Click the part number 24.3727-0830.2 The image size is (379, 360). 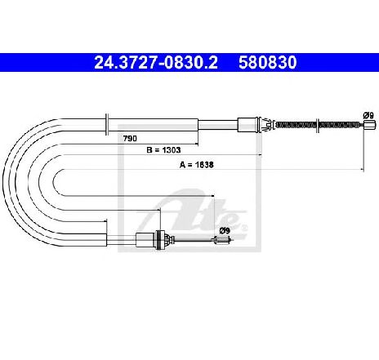tap(156, 62)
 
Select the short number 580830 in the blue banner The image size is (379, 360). tap(268, 62)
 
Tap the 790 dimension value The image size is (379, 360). tap(130, 139)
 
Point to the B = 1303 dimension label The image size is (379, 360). tap(163, 150)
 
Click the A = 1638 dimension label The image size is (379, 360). tap(197, 165)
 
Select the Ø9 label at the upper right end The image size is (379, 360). tap(368, 115)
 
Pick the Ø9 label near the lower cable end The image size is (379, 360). tap(225, 231)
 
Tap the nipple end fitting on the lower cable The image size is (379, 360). tap(223, 240)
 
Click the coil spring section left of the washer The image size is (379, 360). tap(296, 125)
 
